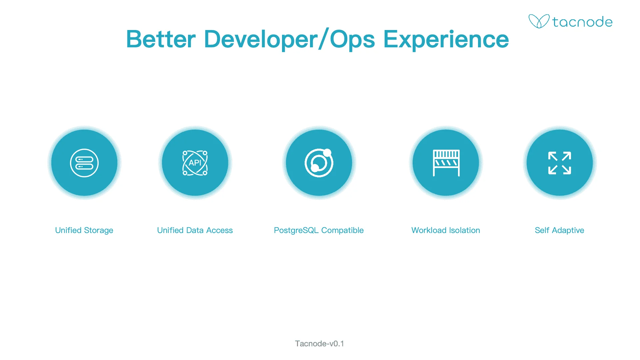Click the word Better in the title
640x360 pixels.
(x=161, y=39)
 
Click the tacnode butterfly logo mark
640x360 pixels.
(x=539, y=21)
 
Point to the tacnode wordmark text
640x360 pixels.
(x=582, y=22)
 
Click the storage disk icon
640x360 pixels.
(x=84, y=163)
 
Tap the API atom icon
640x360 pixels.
(x=195, y=163)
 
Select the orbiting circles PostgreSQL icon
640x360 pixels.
(x=319, y=163)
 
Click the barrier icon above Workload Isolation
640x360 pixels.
(x=446, y=163)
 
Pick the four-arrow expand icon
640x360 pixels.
(x=560, y=163)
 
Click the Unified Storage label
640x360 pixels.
(x=84, y=230)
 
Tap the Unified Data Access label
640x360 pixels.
(x=195, y=230)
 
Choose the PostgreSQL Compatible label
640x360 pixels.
(x=319, y=231)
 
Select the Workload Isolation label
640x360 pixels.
(x=446, y=230)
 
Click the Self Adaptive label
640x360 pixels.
(x=560, y=231)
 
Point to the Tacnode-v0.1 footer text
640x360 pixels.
(x=319, y=344)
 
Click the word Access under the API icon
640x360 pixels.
(x=219, y=230)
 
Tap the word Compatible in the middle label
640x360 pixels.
(x=342, y=231)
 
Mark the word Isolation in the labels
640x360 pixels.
(x=464, y=230)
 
